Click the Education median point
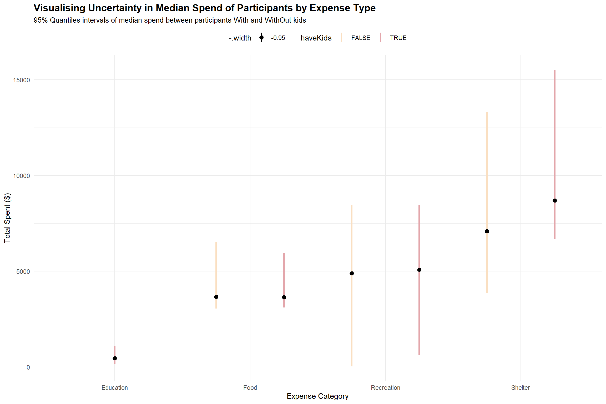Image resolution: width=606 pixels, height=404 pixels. click(x=115, y=358)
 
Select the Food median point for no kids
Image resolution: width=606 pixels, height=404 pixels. click(x=216, y=297)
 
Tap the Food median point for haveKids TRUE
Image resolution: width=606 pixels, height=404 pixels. click(x=284, y=297)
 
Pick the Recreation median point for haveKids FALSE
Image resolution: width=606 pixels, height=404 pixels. click(x=352, y=273)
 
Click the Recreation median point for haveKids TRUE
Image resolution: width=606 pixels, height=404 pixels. click(x=419, y=270)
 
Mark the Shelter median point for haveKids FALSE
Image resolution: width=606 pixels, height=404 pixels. click(x=487, y=231)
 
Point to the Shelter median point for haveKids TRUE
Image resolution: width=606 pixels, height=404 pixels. click(x=555, y=200)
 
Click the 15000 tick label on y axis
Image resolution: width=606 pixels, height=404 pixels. click(x=22, y=80)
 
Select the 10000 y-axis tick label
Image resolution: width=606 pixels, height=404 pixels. click(x=22, y=176)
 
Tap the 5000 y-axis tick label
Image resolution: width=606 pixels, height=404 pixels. click(x=23, y=271)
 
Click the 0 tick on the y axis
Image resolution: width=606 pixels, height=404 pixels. click(x=28, y=367)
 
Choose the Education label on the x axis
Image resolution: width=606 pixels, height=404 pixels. click(x=115, y=387)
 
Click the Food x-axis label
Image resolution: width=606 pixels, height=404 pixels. click(x=250, y=387)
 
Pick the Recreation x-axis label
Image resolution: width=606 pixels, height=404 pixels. click(x=385, y=387)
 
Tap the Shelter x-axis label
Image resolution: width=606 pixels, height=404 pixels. click(x=521, y=387)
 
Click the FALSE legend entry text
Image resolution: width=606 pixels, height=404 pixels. click(x=361, y=38)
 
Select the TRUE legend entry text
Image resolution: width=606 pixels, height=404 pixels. click(x=398, y=38)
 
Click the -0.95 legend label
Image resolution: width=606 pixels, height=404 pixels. click(x=278, y=38)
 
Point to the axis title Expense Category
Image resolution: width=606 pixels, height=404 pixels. click(x=317, y=396)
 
